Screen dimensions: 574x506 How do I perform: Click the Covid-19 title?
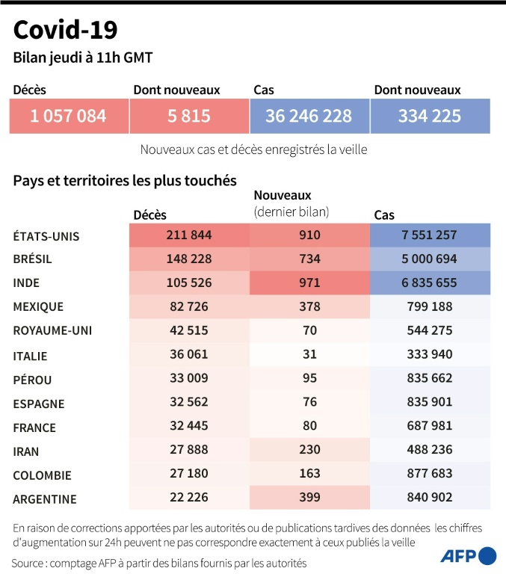[x=65, y=31]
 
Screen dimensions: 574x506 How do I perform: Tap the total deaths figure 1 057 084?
[x=68, y=116]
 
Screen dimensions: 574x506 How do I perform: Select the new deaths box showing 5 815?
[x=188, y=116]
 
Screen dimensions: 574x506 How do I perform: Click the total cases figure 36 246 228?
[x=309, y=116]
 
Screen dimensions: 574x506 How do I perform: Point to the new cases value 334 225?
[x=430, y=116]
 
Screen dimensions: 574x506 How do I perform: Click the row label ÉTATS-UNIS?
[x=46, y=235]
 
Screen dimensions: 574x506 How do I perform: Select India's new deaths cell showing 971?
[x=309, y=283]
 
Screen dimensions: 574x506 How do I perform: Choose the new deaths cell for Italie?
[x=309, y=355]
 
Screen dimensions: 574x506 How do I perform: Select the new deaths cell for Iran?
[x=309, y=451]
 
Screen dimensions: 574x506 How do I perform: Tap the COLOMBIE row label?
[x=43, y=475]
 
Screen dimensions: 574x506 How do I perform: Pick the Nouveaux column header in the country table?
[x=283, y=196]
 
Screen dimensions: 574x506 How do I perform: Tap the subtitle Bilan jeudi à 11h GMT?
[x=83, y=58]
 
